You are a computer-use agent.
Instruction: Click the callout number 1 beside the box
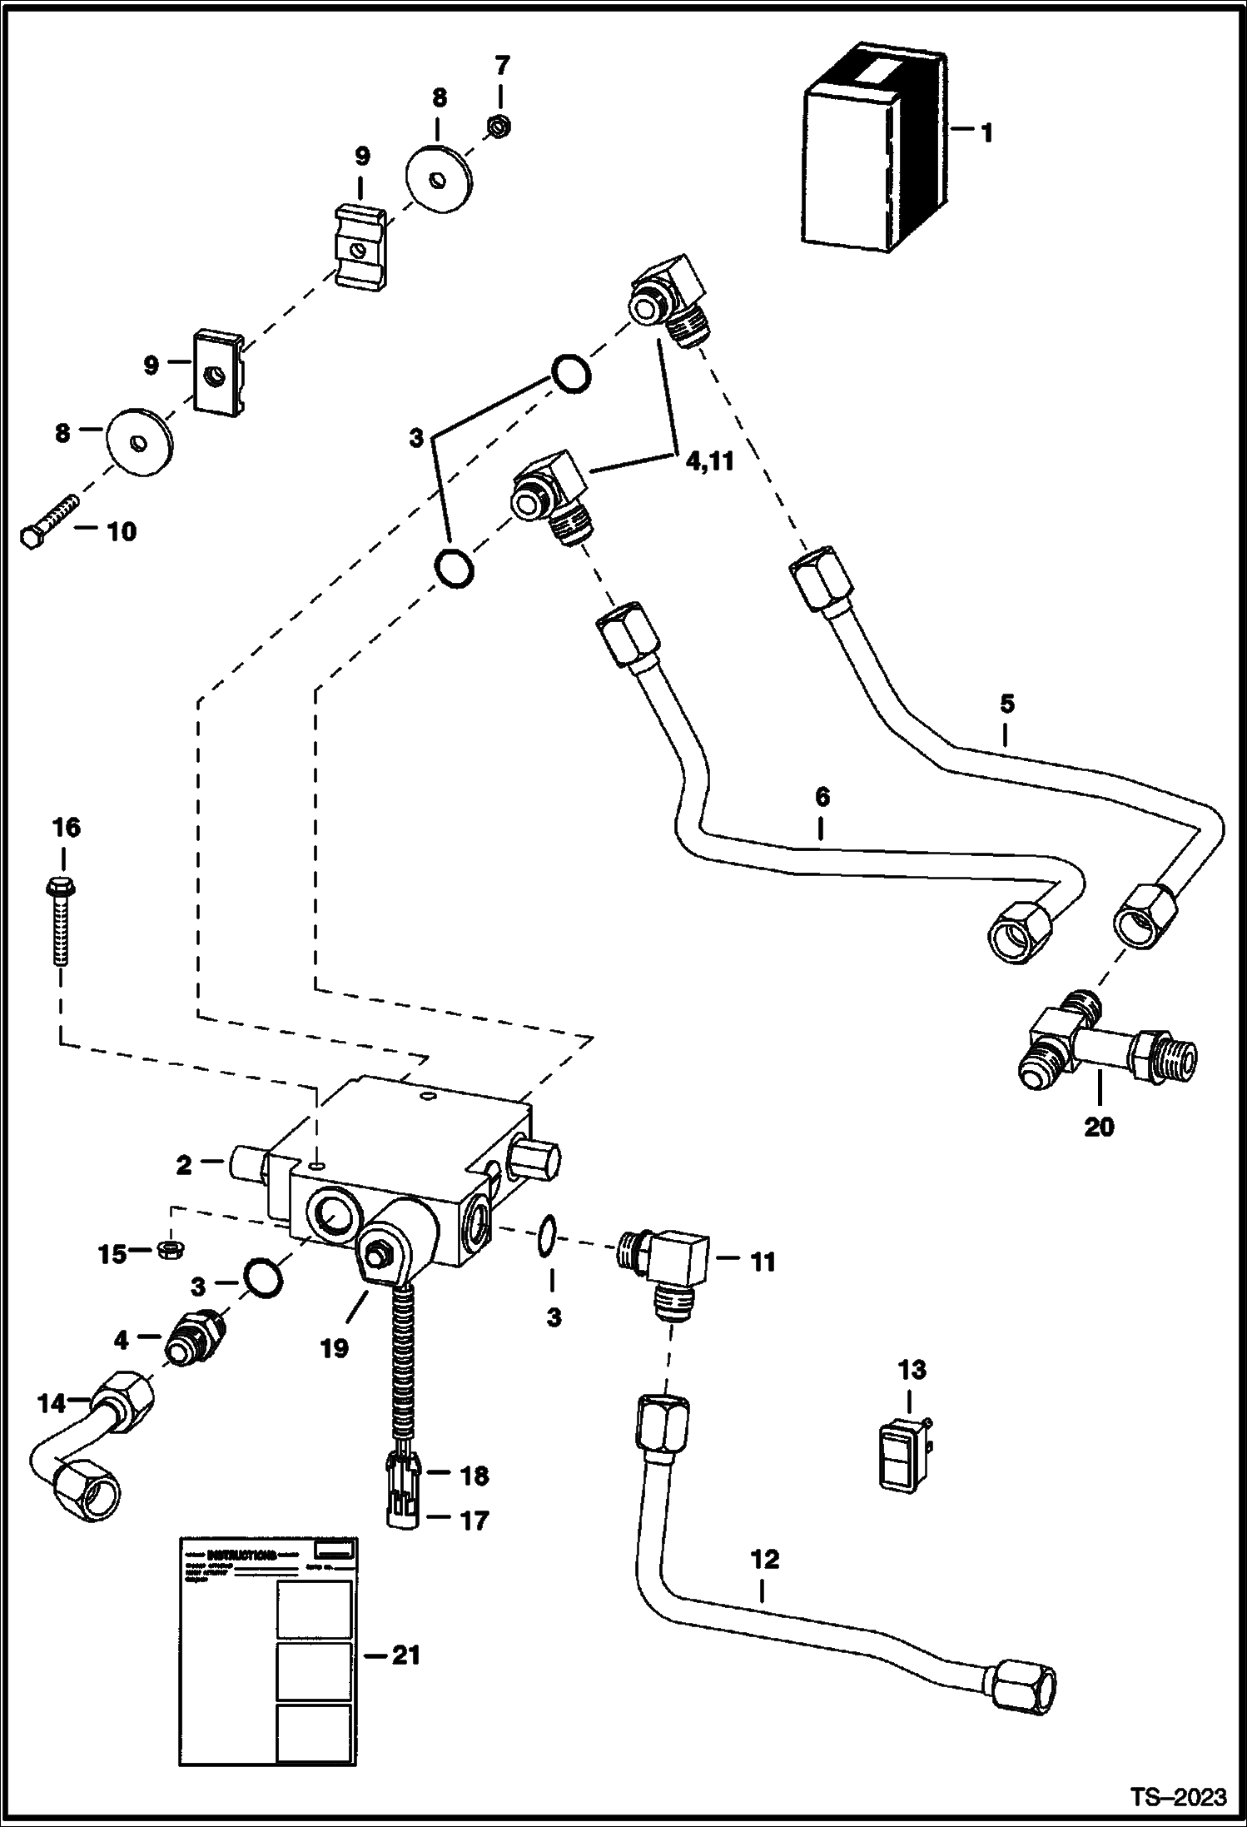[986, 133]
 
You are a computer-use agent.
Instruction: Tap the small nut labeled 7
[499, 127]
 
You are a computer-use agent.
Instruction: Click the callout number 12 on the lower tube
[765, 1560]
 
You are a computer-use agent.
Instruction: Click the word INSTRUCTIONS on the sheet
[241, 1554]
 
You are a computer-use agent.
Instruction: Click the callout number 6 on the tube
[822, 797]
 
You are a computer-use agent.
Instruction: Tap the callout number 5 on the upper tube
[1006, 704]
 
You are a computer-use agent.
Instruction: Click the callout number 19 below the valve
[335, 1348]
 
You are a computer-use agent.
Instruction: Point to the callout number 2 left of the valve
[183, 1166]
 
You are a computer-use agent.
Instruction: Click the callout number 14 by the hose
[51, 1404]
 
